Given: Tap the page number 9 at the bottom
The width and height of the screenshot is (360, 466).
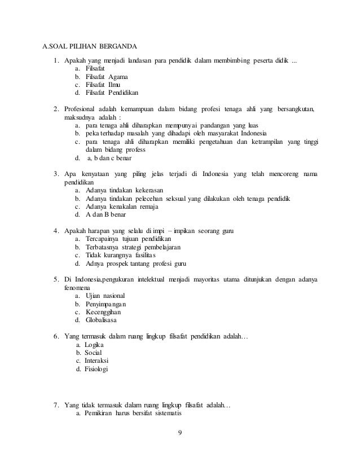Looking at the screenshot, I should pos(180,433).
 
